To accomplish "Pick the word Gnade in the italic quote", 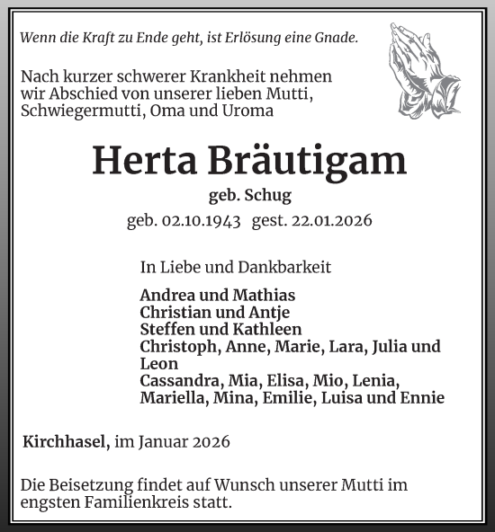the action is click(x=336, y=38).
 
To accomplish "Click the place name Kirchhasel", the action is click(x=65, y=441).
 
